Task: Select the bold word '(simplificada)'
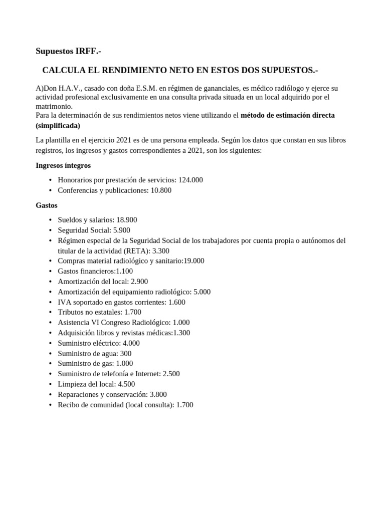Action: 58,125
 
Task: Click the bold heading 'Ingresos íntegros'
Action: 63,165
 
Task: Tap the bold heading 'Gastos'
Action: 47,205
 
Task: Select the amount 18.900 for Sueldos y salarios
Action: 126,220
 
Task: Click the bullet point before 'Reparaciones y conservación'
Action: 51,395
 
